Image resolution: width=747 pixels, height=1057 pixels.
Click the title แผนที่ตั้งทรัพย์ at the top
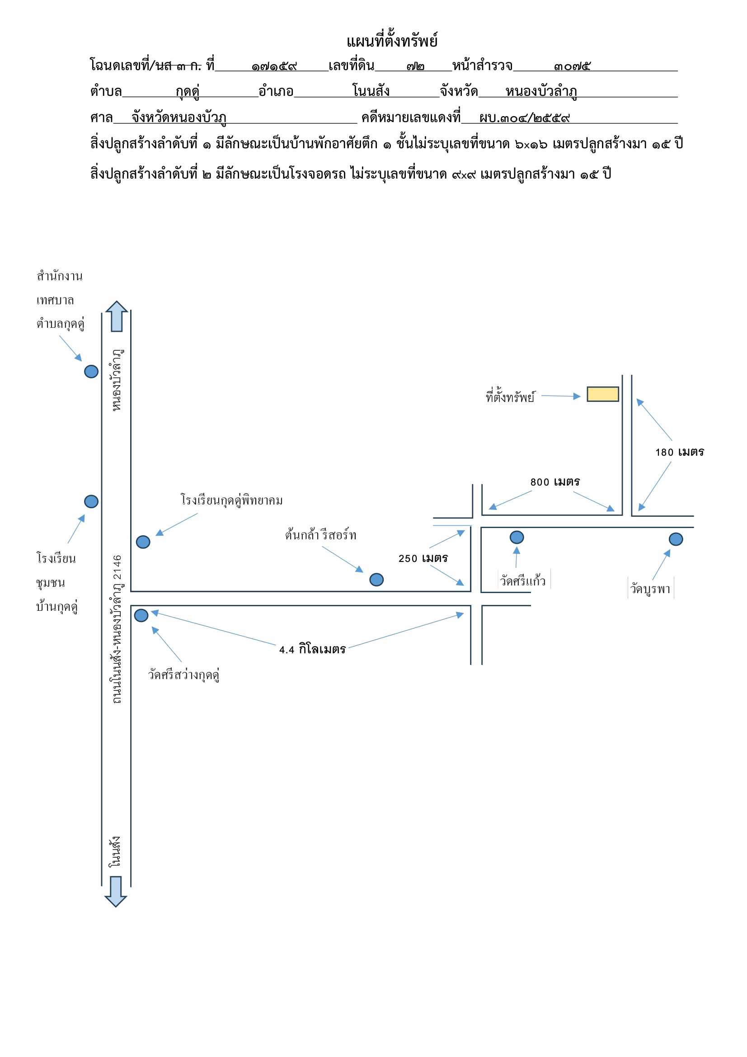[392, 41]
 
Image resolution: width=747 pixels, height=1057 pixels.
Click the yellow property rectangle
[602, 394]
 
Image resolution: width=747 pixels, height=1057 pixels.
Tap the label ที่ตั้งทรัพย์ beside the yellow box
[510, 396]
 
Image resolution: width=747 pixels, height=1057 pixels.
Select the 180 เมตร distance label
[679, 452]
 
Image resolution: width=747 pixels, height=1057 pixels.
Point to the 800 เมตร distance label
[554, 482]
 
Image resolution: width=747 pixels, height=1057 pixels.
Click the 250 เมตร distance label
[423, 558]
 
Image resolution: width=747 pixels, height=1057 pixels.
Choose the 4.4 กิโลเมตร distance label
[313, 649]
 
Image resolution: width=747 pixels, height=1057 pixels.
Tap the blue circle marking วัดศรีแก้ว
[517, 537]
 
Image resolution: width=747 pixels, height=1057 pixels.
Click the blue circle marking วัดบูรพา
[676, 539]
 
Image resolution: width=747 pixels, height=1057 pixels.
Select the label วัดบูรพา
[650, 589]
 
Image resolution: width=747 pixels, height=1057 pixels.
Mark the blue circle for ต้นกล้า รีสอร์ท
[376, 580]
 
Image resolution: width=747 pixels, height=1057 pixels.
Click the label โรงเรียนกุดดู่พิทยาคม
[231, 500]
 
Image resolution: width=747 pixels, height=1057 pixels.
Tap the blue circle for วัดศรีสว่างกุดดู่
[141, 615]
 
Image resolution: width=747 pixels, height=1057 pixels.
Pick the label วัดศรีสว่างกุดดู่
[183, 675]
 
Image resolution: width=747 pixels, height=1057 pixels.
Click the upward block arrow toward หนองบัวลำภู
[117, 316]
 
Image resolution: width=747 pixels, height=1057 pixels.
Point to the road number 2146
[118, 567]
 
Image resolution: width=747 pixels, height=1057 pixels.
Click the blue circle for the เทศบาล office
[91, 372]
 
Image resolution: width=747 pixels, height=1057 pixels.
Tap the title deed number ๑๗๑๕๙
[274, 67]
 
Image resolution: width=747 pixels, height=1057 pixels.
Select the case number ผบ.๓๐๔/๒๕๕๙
[524, 118]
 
